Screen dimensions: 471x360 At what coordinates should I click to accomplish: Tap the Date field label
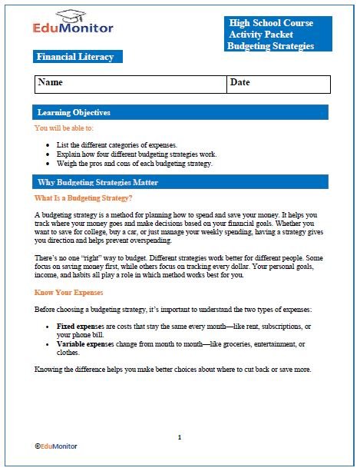pos(240,82)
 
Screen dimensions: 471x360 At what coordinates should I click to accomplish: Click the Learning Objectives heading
pos(74,113)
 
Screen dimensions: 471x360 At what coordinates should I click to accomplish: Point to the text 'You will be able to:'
pos(64,128)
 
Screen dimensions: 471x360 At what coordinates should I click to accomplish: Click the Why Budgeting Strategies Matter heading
pos(97,183)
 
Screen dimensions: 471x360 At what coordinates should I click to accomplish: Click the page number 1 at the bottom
pos(180,437)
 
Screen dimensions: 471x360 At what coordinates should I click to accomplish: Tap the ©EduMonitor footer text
pos(56,446)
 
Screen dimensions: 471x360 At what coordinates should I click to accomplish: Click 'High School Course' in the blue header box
pos(271,24)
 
